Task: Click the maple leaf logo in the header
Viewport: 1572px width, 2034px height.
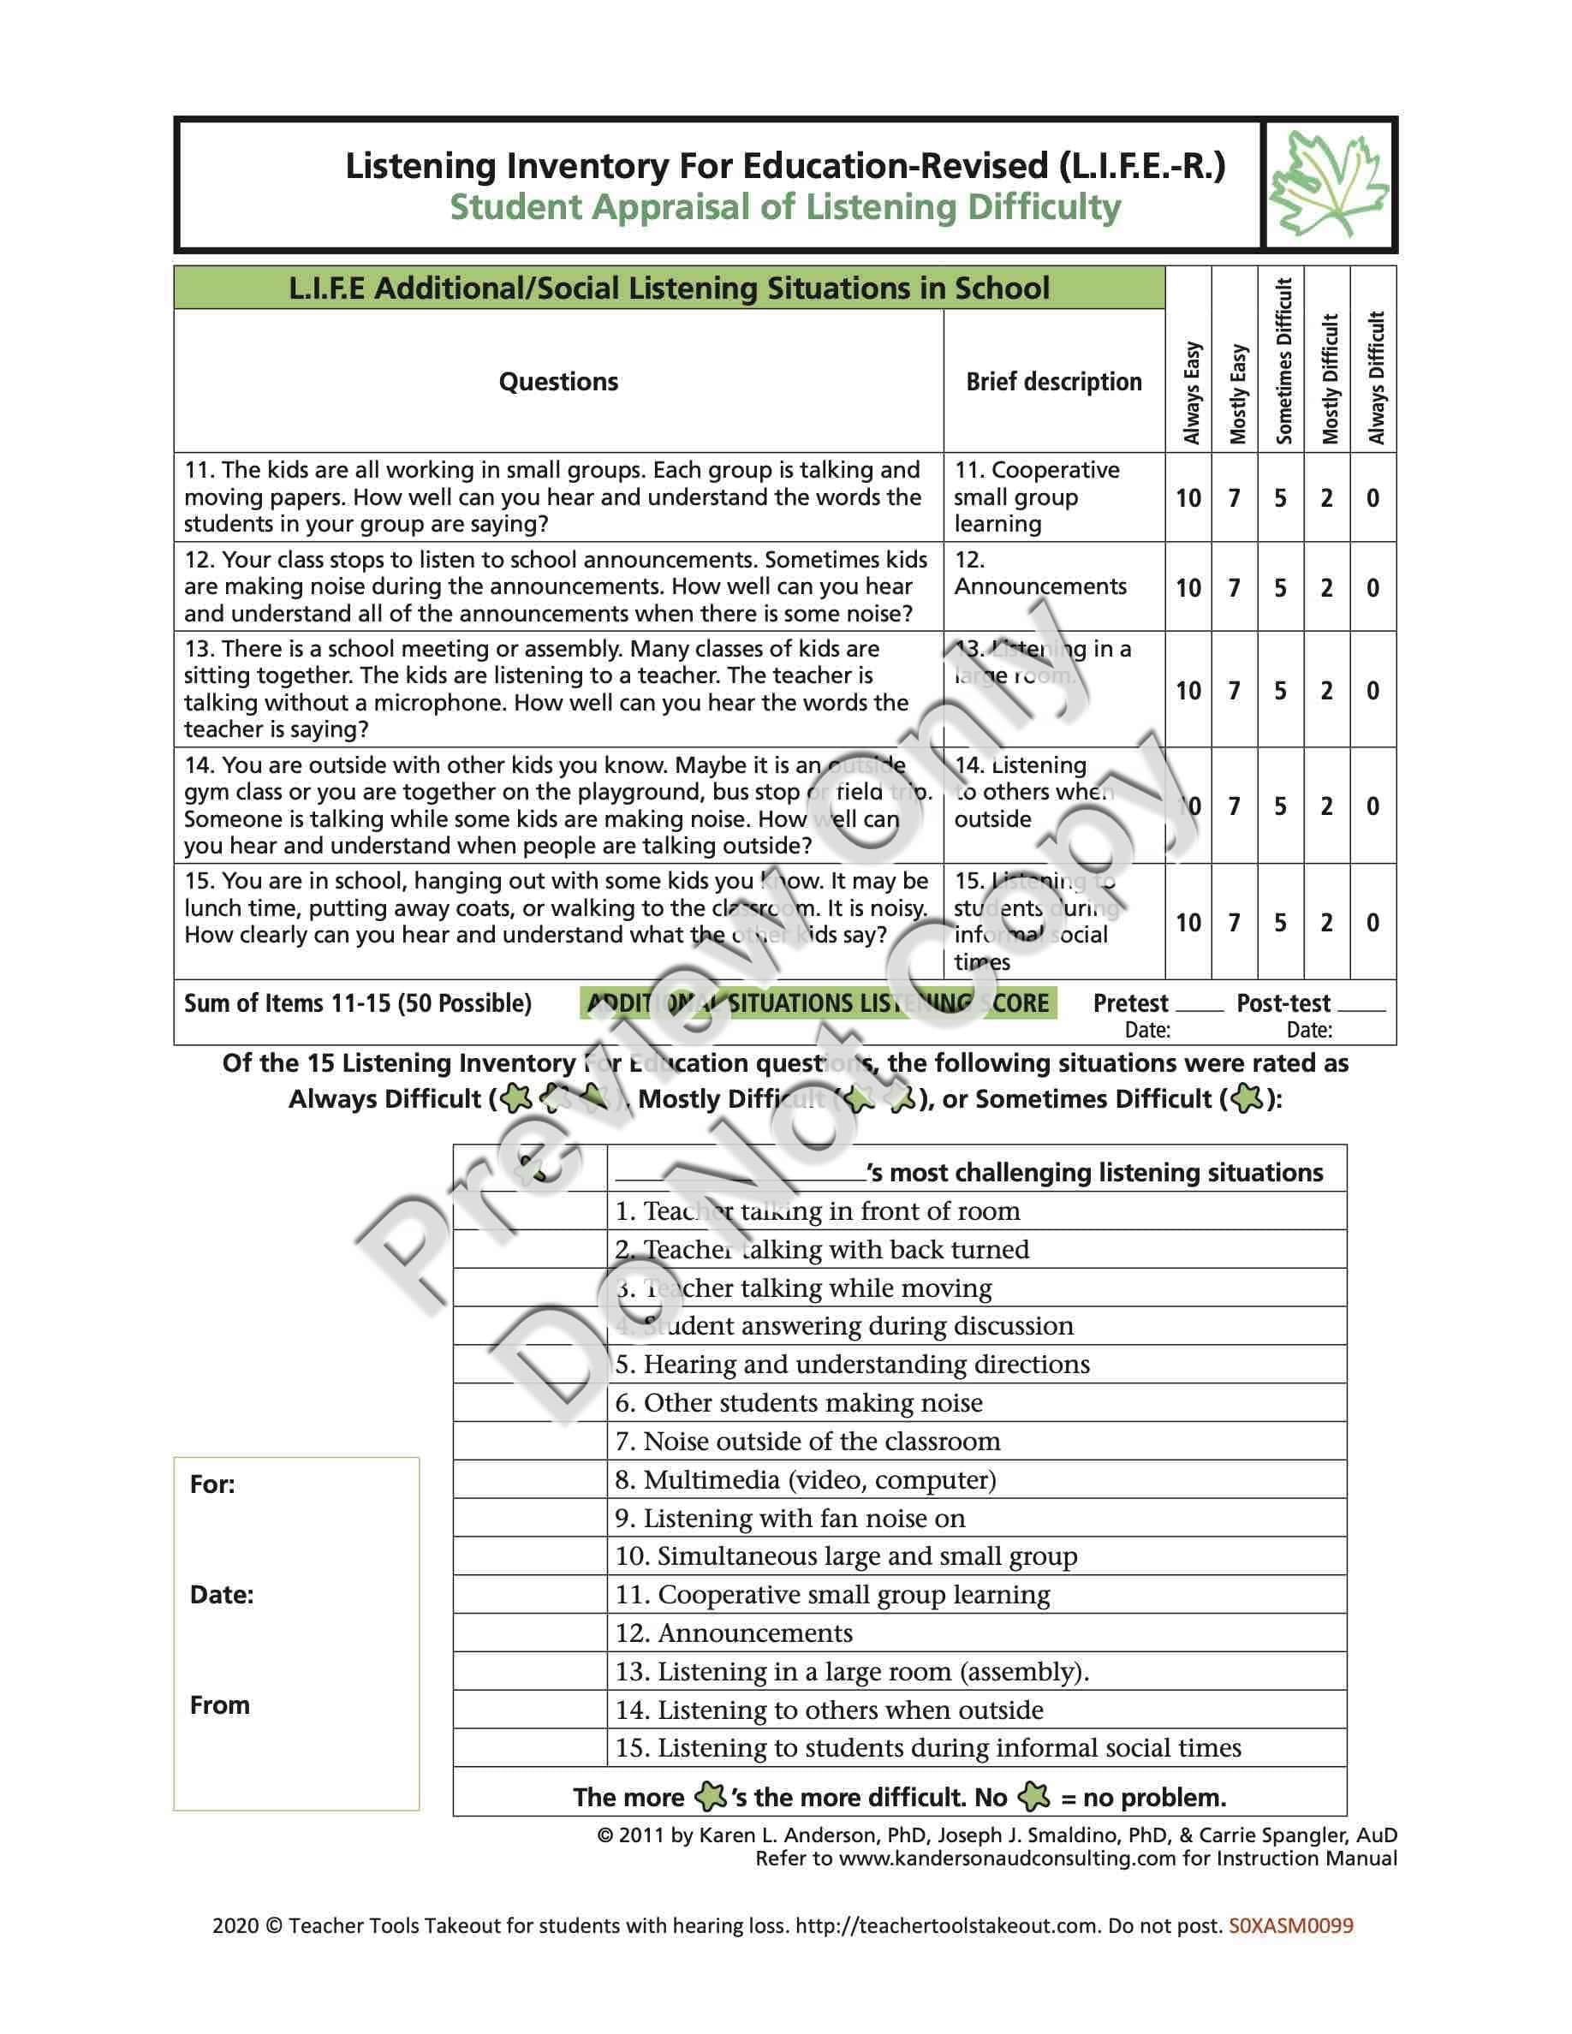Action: click(x=1329, y=184)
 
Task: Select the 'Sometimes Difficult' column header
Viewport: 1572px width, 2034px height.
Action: click(x=1283, y=361)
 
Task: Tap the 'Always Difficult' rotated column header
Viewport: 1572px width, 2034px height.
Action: click(x=1375, y=378)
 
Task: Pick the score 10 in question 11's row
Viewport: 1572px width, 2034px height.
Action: click(x=1188, y=498)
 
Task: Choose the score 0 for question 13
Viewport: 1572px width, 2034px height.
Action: click(x=1373, y=691)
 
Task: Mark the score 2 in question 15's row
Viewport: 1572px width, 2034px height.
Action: click(x=1326, y=923)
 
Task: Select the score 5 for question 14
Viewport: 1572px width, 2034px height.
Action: click(x=1281, y=806)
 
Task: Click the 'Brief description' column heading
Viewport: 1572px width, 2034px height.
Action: click(x=1053, y=382)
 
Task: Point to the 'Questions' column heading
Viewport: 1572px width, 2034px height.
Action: click(x=558, y=382)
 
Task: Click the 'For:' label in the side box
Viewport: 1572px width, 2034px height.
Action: click(x=212, y=1484)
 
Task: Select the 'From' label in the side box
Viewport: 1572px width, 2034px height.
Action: click(x=220, y=1705)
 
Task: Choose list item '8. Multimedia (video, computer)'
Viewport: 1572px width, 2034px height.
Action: click(x=806, y=1480)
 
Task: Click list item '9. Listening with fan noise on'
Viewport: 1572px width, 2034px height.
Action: click(x=789, y=1519)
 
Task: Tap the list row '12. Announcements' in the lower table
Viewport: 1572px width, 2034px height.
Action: click(x=733, y=1633)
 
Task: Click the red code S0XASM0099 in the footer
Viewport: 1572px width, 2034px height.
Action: click(x=1291, y=1926)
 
